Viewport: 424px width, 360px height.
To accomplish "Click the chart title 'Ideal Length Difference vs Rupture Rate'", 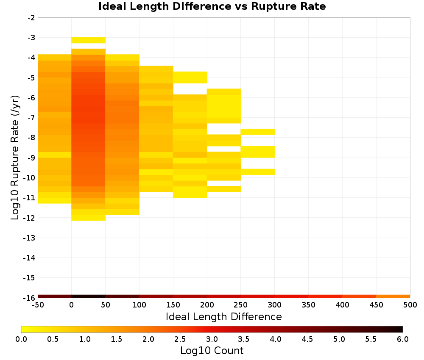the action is click(212, 6).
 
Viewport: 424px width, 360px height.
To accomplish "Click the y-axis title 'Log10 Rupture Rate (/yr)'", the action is click(15, 158).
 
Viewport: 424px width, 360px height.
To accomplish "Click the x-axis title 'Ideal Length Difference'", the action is click(223, 316).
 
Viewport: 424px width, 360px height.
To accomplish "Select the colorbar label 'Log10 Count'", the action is click(212, 351).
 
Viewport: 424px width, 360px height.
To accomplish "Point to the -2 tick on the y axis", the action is click(31, 18).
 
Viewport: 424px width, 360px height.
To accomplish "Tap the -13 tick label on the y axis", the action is click(30, 238).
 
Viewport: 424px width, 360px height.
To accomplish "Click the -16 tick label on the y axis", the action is click(30, 298).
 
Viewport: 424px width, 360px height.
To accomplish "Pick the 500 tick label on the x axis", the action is click(410, 305).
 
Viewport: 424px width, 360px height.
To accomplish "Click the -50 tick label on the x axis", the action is click(38, 305).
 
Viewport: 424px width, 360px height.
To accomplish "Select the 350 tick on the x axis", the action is click(309, 305).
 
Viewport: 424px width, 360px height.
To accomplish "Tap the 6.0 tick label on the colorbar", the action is click(403, 339).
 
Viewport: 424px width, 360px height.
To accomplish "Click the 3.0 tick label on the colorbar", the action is click(212, 339).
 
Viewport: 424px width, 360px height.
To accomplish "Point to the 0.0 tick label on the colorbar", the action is click(21, 339).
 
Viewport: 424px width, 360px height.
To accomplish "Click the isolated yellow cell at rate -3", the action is click(89, 40).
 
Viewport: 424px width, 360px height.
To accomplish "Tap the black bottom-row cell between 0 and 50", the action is click(89, 296).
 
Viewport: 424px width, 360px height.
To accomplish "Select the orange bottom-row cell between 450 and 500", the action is click(393, 296).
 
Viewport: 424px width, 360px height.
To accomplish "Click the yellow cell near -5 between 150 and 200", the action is click(190, 78).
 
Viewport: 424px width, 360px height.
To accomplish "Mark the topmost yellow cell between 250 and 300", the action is click(258, 132).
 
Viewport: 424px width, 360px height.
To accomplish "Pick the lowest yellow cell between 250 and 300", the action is click(258, 172).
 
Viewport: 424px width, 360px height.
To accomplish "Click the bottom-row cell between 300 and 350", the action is click(292, 296).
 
